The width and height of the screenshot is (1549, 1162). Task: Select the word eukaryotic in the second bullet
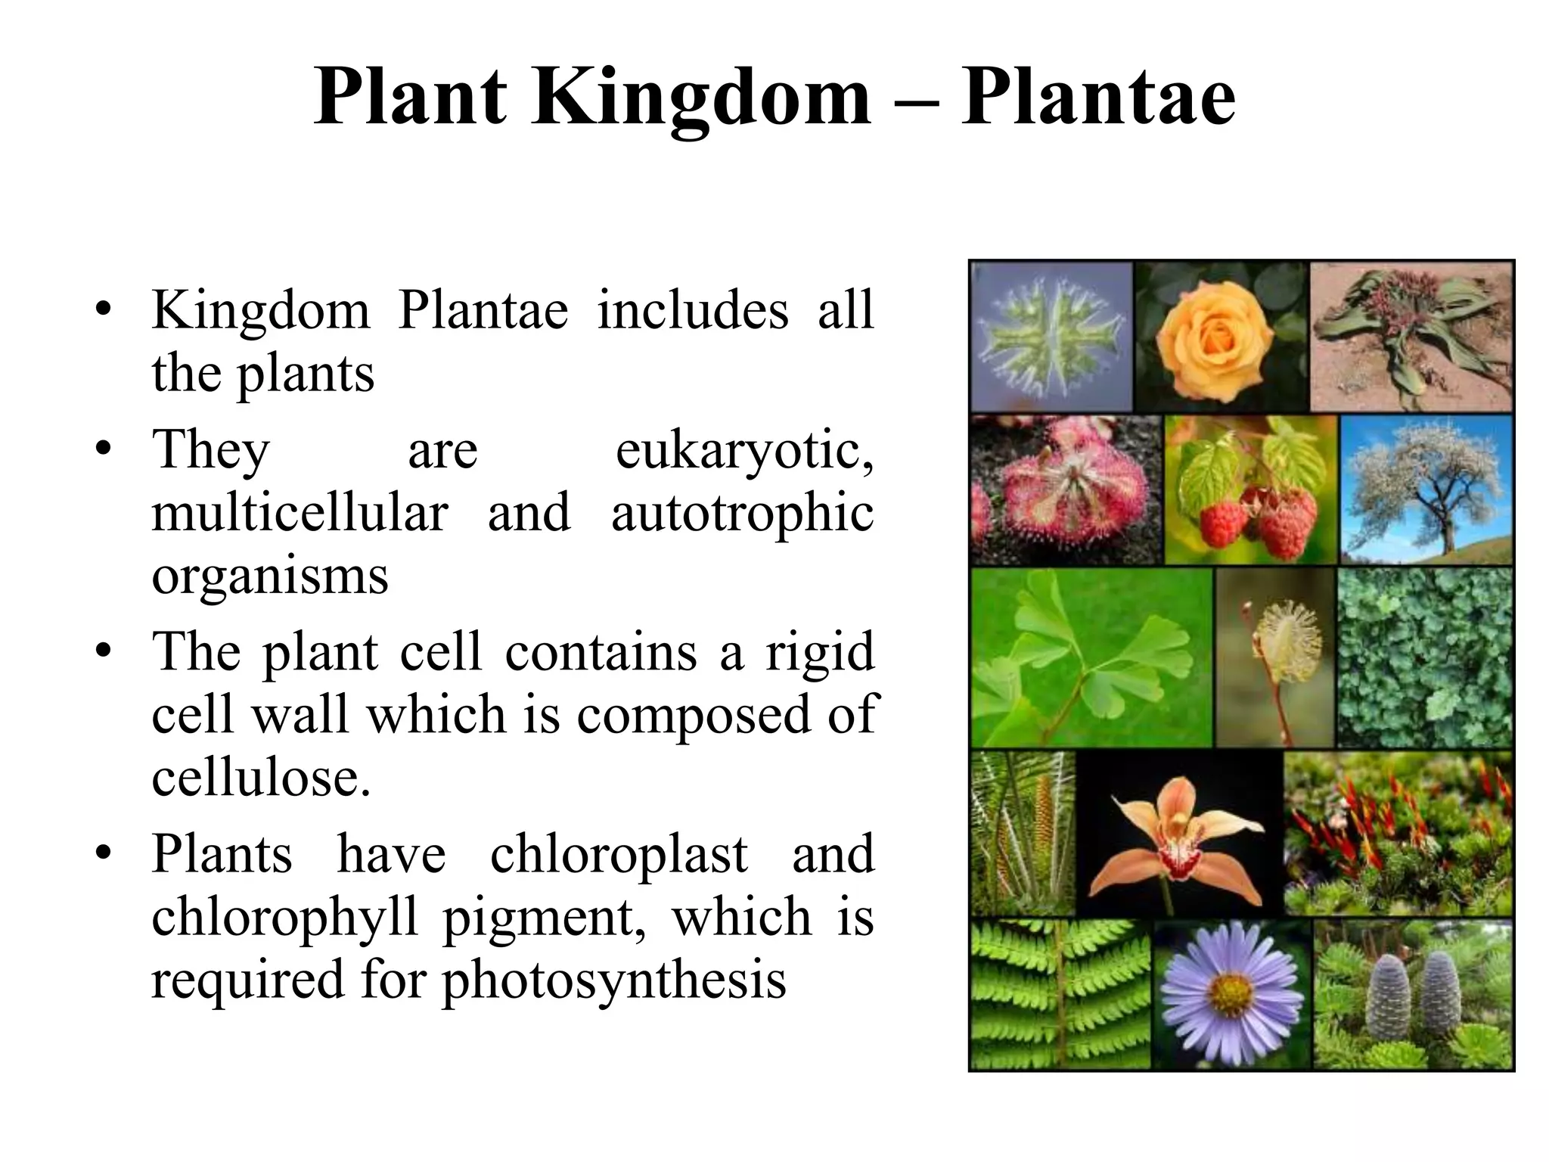[744, 451]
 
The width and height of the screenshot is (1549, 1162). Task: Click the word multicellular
[300, 513]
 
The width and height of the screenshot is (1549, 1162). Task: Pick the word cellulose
[261, 778]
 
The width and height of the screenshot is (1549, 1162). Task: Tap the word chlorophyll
[284, 917]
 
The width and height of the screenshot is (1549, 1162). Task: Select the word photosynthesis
[614, 980]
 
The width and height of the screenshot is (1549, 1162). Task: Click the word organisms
[270, 576]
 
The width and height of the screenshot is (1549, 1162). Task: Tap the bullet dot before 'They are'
[104, 449]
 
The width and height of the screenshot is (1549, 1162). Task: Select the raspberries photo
[1250, 489]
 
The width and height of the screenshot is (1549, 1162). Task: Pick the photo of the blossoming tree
[1426, 489]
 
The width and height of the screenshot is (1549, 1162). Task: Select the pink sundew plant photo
[1065, 489]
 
